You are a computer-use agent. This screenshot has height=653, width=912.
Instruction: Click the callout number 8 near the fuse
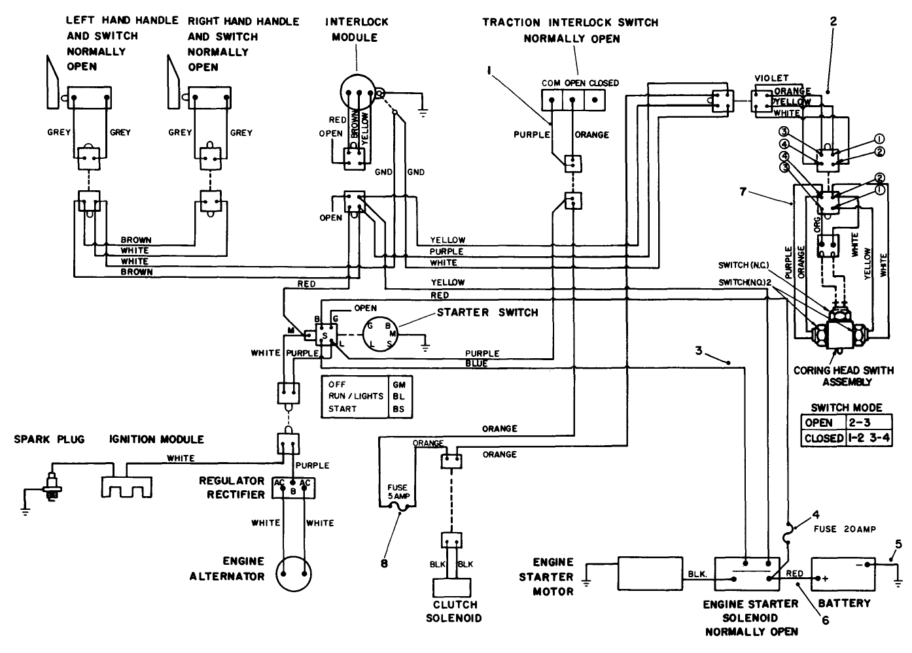384,560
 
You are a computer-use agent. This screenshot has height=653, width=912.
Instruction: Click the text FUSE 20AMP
845,528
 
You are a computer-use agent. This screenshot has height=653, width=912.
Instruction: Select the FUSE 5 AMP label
397,492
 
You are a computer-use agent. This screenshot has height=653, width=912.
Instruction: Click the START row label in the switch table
343,409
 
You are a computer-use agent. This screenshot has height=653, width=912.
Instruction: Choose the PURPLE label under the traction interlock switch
531,135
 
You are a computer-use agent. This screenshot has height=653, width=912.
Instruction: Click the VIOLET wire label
771,78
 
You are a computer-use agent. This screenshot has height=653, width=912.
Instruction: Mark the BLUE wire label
476,363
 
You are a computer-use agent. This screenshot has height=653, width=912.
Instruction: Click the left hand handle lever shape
52,82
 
